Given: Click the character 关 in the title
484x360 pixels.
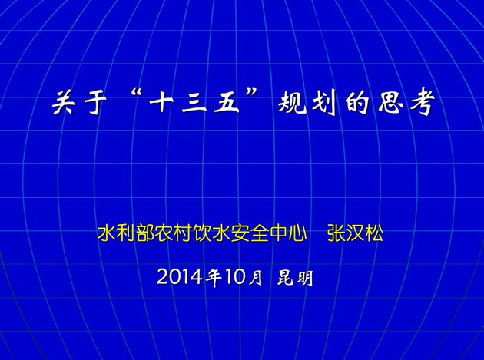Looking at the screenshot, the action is point(64,102).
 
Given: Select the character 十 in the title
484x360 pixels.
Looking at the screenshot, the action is point(161,102).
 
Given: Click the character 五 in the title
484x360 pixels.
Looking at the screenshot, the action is point(227,102).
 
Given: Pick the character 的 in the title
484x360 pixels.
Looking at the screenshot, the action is point(357,102).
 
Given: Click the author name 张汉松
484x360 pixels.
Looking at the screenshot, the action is point(356,233).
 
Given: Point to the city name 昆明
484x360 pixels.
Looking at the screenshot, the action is point(295,278).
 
